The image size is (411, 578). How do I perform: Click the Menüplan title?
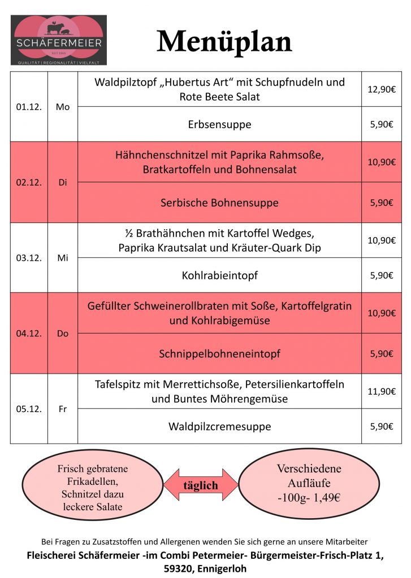224,41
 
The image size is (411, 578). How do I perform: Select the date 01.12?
29,107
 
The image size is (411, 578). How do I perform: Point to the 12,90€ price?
381,89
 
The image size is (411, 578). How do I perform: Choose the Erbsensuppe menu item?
219,124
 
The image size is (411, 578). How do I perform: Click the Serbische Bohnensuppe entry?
219,202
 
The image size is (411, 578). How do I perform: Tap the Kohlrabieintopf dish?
219,275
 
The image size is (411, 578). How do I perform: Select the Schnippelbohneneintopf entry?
219,354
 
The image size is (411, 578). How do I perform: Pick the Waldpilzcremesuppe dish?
219,426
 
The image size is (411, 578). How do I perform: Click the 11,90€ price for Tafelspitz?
381,391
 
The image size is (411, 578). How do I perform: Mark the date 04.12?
29,334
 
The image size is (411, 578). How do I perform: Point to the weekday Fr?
62,409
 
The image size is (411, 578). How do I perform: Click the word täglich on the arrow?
201,485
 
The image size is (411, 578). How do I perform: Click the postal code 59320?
161,569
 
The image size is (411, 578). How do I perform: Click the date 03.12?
29,258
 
